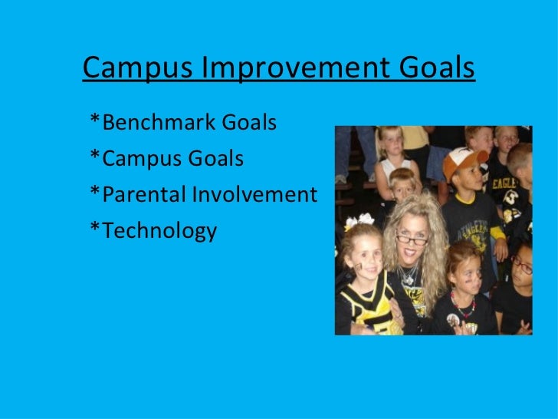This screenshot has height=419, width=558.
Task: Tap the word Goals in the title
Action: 439,68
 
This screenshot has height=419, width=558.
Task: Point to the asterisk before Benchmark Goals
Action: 94,120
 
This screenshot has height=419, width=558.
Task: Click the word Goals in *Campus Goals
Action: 218,159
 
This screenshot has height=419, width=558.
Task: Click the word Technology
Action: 159,231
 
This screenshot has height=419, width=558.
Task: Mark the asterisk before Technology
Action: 94,229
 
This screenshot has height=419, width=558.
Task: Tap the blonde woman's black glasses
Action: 412,239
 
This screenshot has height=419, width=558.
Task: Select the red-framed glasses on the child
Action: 522,265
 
